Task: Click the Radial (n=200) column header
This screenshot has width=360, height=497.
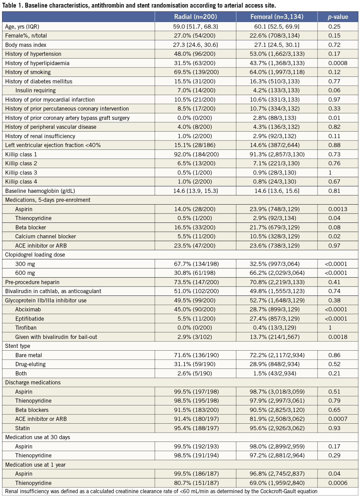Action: pyautogui.click(x=195, y=17)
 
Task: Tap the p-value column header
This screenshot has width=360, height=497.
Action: pyautogui.click(x=338, y=17)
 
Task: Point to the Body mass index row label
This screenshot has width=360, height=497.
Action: pyautogui.click(x=26, y=45)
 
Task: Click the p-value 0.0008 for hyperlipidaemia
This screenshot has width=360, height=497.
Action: pyautogui.click(x=338, y=63)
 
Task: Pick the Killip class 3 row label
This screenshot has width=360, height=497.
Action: pyautogui.click(x=21, y=173)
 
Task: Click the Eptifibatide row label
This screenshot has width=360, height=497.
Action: pyautogui.click(x=30, y=319)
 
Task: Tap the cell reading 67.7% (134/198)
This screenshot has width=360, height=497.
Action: pyautogui.click(x=195, y=264)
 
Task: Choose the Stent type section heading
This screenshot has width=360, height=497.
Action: pyautogui.click(x=18, y=346)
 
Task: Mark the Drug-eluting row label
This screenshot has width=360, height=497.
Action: pyautogui.click(x=30, y=364)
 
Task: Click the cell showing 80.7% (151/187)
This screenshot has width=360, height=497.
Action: pyautogui.click(x=195, y=483)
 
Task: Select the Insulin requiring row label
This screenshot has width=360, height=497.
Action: pyautogui.click(x=35, y=90)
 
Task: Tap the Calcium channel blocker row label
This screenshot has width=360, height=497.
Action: pyautogui.click(x=45, y=236)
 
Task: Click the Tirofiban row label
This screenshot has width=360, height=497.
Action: pyautogui.click(x=26, y=328)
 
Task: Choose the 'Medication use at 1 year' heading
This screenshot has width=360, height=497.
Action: pyautogui.click(x=35, y=465)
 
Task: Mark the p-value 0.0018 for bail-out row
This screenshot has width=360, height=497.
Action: pyautogui.click(x=338, y=337)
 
